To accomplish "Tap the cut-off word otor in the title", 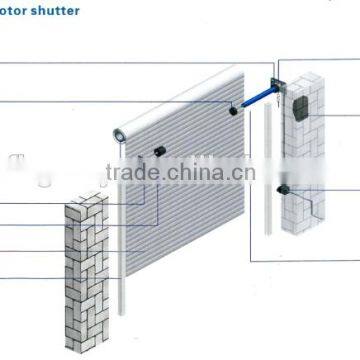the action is tap(15, 12).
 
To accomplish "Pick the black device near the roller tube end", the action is tap(158, 152).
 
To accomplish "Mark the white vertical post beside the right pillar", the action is tap(268, 160).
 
